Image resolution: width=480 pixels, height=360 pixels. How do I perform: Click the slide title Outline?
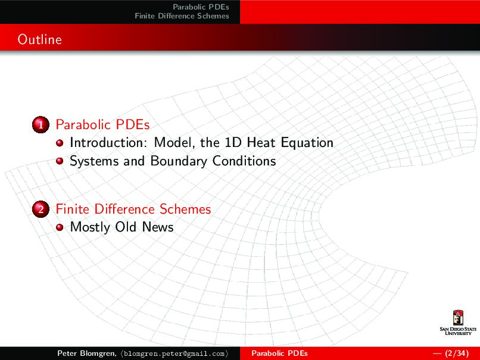click(39, 39)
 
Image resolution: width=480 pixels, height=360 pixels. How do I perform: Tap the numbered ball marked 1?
click(40, 124)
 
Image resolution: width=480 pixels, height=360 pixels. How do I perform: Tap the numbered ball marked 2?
click(40, 209)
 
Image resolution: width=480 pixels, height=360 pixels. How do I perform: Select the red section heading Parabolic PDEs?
click(102, 124)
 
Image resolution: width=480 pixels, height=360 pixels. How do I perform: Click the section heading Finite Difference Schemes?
click(133, 209)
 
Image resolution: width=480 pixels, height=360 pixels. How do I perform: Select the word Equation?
click(307, 143)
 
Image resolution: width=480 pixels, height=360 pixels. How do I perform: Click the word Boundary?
click(179, 161)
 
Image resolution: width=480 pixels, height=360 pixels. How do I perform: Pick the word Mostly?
click(90, 227)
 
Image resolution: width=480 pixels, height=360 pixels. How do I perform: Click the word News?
click(158, 227)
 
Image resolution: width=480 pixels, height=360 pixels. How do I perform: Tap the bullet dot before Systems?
click(60, 161)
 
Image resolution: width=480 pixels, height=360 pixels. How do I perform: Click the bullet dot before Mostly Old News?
click(60, 227)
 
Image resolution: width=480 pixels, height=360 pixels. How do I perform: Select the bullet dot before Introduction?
click(60, 143)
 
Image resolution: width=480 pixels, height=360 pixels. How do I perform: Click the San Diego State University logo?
click(458, 323)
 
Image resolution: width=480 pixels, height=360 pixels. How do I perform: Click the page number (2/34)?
click(457, 353)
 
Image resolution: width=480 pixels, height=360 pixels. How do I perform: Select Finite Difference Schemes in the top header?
click(182, 16)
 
